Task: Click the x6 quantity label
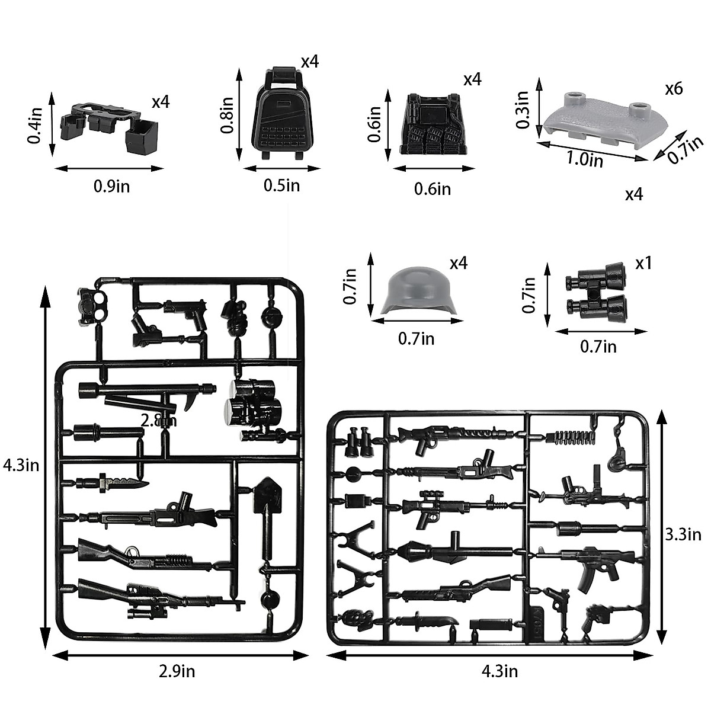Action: click(x=674, y=89)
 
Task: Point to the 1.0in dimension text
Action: click(x=585, y=159)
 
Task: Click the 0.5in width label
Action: click(x=281, y=185)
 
